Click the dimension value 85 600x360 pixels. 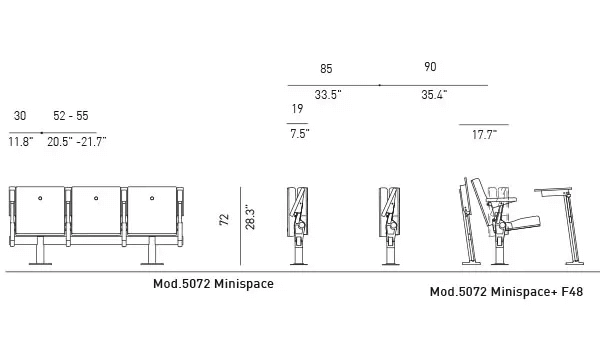[326, 68]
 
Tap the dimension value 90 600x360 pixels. [430, 68]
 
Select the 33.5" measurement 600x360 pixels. [328, 95]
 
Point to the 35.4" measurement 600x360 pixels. [433, 95]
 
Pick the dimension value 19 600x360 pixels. [297, 109]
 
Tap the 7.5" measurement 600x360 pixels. [299, 133]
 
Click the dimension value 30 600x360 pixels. [20, 117]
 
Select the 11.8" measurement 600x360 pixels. [21, 143]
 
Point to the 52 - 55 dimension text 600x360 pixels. [70, 117]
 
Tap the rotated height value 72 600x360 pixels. [224, 219]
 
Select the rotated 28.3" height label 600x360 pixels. [235, 219]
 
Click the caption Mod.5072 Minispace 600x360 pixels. [213, 284]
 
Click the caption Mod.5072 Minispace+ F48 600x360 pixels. [505, 293]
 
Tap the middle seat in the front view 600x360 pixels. [97, 211]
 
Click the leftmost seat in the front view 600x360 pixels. [39, 211]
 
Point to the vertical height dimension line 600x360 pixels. [244, 228]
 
